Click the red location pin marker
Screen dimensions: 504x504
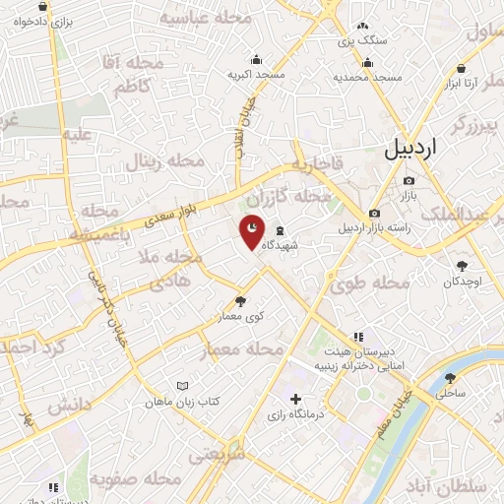[x=253, y=230]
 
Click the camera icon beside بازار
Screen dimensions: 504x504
[x=409, y=180]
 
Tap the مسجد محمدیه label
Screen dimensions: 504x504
[x=367, y=77]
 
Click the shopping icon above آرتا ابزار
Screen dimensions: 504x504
[x=462, y=68]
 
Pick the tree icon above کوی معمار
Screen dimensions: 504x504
[x=241, y=301]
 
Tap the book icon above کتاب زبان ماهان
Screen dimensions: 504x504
[x=181, y=386]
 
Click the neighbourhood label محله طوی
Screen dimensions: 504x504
[x=370, y=283]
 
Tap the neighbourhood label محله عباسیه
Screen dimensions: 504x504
[x=200, y=19]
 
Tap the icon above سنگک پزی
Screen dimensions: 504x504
[x=362, y=27]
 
